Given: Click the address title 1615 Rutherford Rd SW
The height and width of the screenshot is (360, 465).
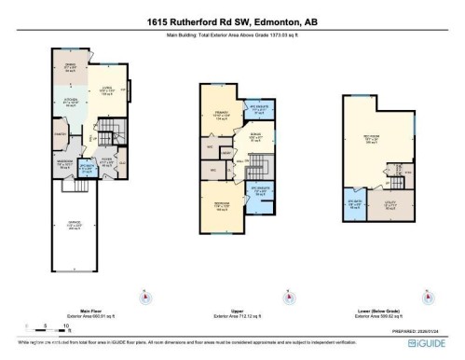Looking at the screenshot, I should pos(232,22).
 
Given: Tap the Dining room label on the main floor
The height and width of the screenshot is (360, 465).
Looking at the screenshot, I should pos(69,66).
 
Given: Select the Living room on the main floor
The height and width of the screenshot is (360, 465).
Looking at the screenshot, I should pos(103,92).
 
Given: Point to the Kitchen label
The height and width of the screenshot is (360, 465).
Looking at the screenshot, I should pos(69,104).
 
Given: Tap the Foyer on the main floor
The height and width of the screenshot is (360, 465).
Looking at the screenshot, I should pos(106,160).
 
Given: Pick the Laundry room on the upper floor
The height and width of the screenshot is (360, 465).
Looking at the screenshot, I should pos(226,152).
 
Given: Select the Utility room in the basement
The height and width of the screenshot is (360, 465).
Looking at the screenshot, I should pos(390,209).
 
